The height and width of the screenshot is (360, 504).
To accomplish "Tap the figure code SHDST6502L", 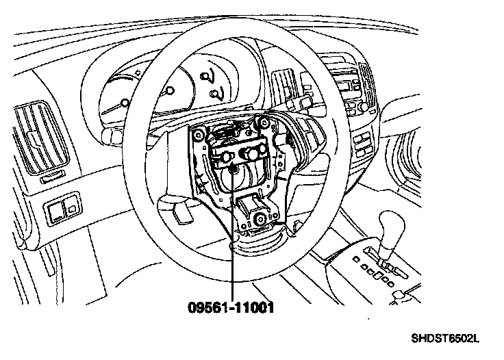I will [444, 338].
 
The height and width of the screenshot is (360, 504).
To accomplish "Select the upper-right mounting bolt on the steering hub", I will [260, 124].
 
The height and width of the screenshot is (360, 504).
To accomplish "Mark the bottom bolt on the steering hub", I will [261, 219].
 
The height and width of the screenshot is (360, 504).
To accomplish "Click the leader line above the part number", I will [233, 260].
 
